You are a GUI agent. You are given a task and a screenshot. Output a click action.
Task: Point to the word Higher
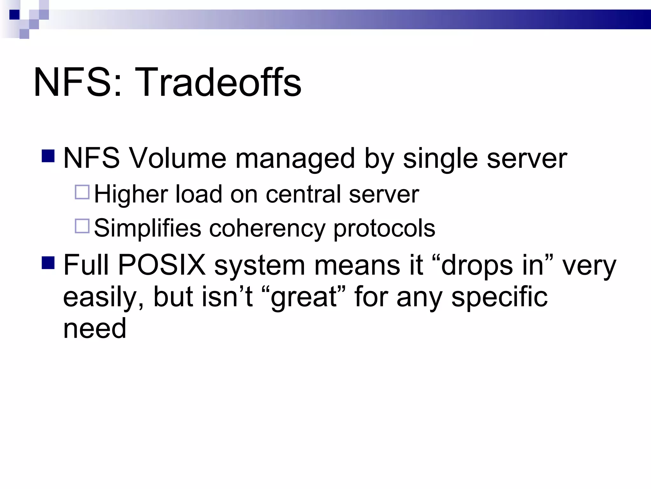point(131,194)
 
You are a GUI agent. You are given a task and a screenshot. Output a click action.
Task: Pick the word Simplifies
point(147,228)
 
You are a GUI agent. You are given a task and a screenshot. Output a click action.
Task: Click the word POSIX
point(162,265)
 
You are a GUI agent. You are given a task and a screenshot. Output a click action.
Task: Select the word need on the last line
point(95,329)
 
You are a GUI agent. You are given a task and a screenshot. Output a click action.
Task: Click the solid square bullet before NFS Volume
point(48,156)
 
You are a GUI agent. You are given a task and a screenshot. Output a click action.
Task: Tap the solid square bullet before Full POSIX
point(48,263)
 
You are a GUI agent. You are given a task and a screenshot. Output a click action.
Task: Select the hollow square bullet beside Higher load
point(82,192)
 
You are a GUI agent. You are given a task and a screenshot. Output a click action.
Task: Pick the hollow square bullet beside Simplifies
point(82,226)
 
